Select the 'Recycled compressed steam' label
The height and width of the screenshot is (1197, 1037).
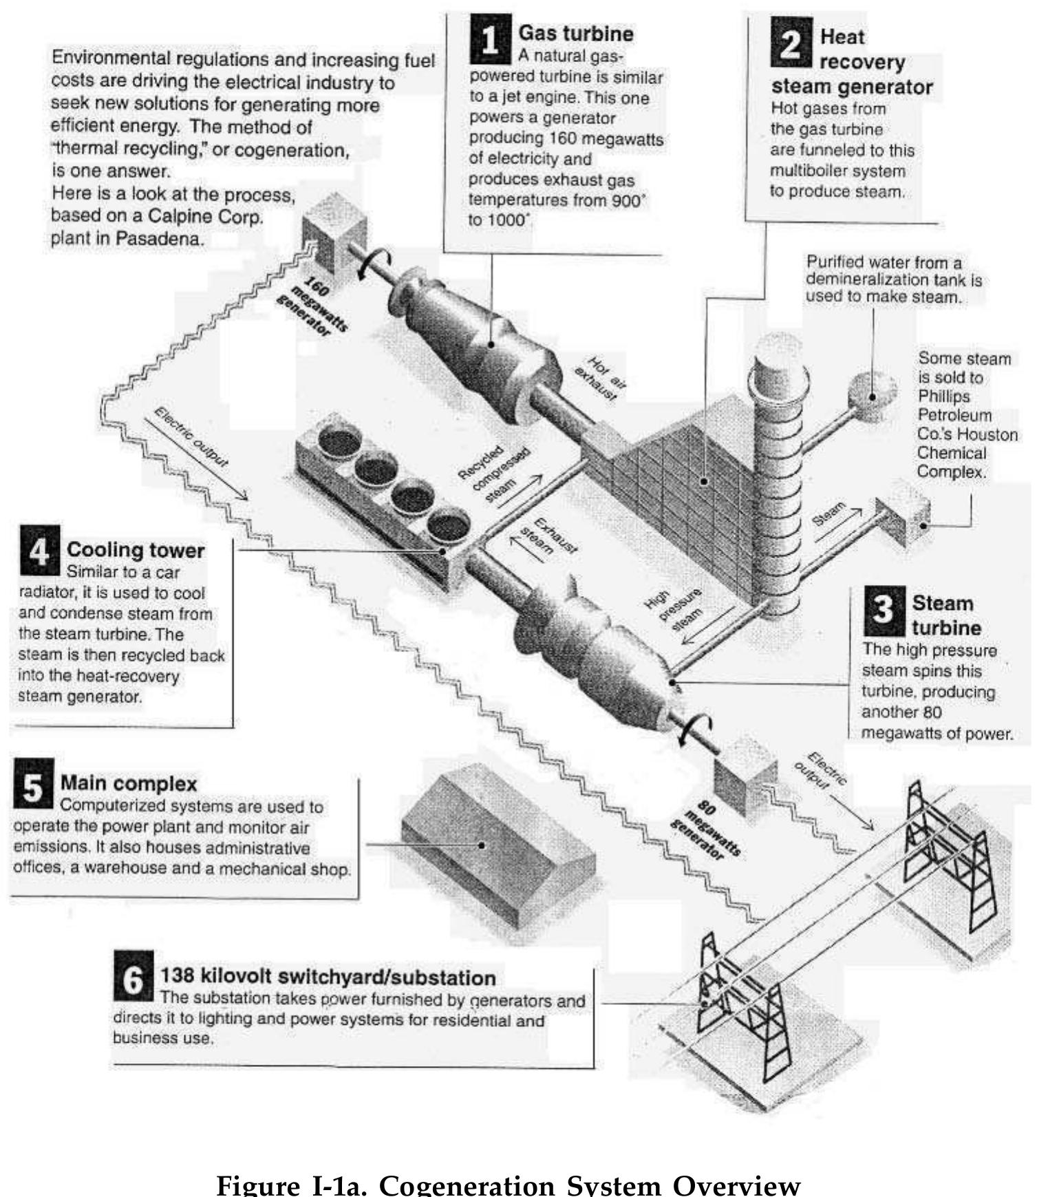(494, 472)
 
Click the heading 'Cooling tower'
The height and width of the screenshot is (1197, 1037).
(136, 551)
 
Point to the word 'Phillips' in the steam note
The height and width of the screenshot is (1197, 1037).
(944, 396)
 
